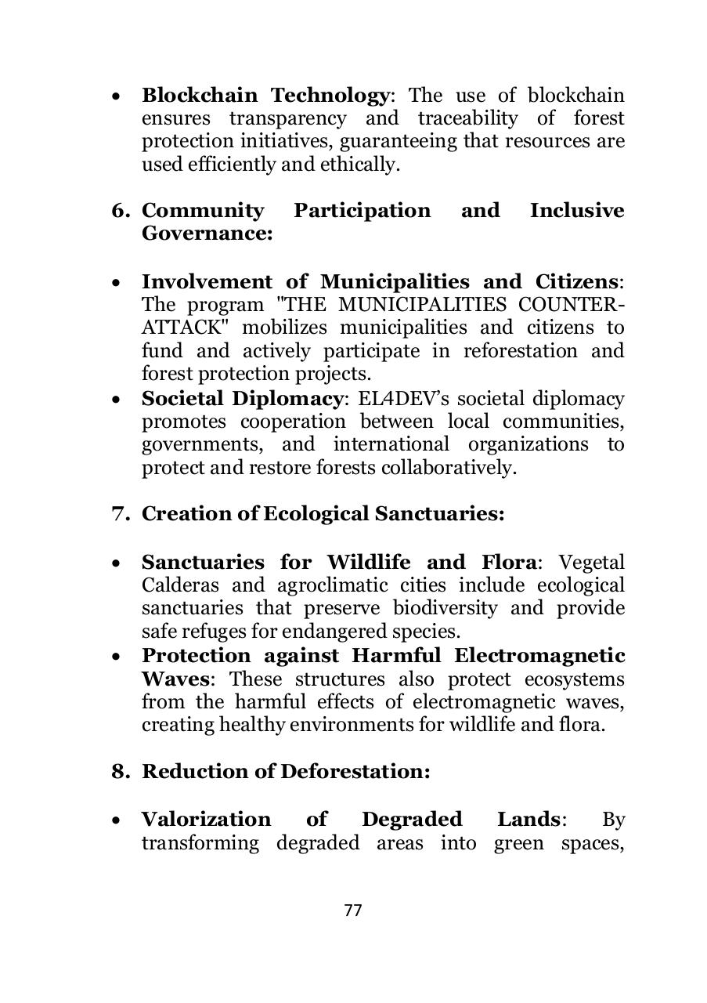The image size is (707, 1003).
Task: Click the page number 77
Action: pyautogui.click(x=353, y=911)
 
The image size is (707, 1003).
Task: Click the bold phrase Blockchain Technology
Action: pyautogui.click(x=265, y=96)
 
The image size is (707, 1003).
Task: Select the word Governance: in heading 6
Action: pyautogui.click(x=207, y=234)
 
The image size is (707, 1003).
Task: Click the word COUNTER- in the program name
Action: pyautogui.click(x=583, y=305)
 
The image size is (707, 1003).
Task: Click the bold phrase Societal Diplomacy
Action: pyautogui.click(x=242, y=399)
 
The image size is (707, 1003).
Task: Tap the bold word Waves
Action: pyautogui.click(x=179, y=679)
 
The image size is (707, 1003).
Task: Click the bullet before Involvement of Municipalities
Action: pyautogui.click(x=116, y=283)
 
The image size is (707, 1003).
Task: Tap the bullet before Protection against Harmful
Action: pyautogui.click(x=116, y=657)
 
